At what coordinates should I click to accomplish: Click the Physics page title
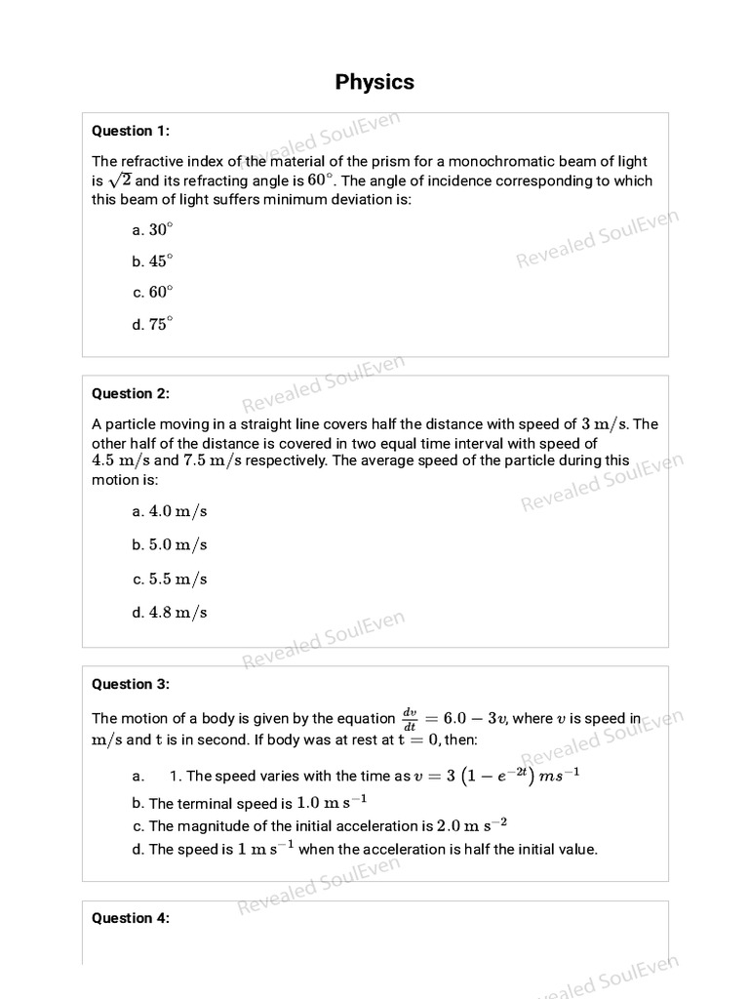[374, 82]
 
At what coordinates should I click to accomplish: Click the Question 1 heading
[130, 131]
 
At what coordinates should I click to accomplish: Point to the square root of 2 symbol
[119, 180]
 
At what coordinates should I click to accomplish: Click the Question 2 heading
[130, 394]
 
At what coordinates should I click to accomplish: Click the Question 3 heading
[130, 684]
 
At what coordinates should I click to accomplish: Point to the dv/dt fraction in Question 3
[411, 718]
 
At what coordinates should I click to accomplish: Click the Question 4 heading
[130, 918]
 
